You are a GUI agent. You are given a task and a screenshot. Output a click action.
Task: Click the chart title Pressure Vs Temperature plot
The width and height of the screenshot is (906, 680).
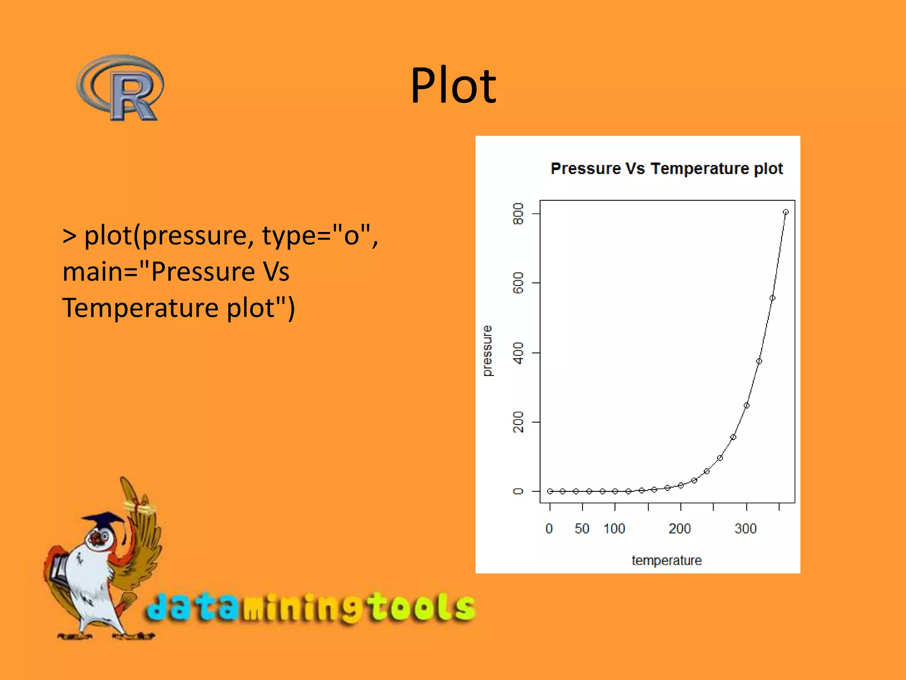pos(666,169)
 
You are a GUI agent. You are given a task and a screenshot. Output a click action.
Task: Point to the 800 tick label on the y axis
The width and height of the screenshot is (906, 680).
pos(518,214)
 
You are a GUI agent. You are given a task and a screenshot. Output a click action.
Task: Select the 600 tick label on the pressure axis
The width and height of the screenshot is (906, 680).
pos(518,283)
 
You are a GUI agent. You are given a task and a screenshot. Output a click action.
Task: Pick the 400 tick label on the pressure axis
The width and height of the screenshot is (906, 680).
pos(518,353)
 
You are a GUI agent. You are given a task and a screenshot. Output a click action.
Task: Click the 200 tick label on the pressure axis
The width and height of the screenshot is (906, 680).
pos(518,422)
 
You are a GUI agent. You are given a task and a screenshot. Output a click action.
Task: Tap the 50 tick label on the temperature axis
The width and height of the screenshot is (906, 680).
pos(582,529)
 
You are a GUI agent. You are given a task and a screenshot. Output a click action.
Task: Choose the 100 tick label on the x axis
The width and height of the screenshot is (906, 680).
pos(614,529)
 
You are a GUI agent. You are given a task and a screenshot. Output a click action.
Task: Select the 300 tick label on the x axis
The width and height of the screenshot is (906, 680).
pos(745,529)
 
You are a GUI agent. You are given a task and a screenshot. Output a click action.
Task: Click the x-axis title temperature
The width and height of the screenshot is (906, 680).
pos(666,560)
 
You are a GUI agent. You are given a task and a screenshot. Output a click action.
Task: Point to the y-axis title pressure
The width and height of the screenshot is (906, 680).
pos(487,351)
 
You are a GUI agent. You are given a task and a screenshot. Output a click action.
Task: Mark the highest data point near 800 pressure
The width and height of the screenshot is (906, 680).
pos(786,212)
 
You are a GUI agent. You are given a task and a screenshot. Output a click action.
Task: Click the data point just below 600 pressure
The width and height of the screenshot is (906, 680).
pos(772,298)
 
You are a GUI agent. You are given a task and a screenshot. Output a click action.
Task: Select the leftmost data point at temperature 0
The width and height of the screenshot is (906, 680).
pos(550,491)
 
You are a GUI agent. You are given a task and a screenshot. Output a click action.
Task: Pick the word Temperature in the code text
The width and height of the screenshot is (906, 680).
pos(140,308)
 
